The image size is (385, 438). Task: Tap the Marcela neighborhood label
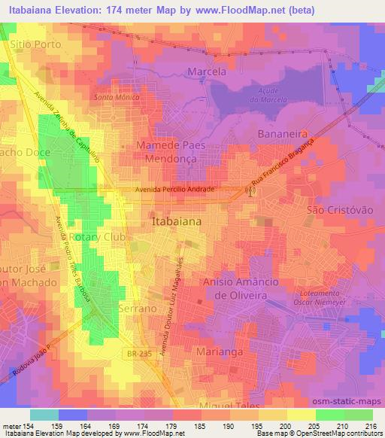coord(206,71)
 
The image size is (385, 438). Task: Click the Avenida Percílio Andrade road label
coord(177,190)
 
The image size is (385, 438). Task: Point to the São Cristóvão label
coord(340,212)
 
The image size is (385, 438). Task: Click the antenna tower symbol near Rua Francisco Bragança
coord(250,192)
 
